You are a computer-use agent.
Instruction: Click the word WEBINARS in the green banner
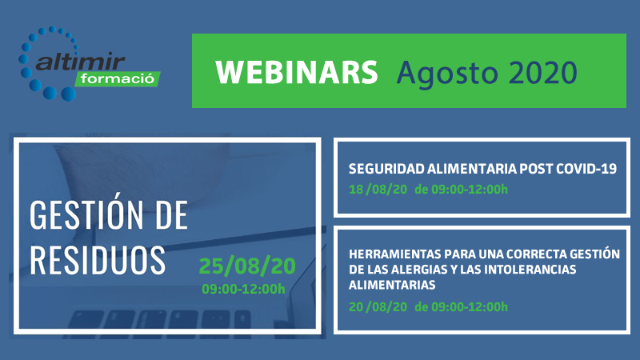tap(297, 72)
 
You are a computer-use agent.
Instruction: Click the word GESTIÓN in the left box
tap(96, 215)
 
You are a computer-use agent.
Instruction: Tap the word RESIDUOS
tap(97, 258)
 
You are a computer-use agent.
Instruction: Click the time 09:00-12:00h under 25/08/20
tap(243, 289)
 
